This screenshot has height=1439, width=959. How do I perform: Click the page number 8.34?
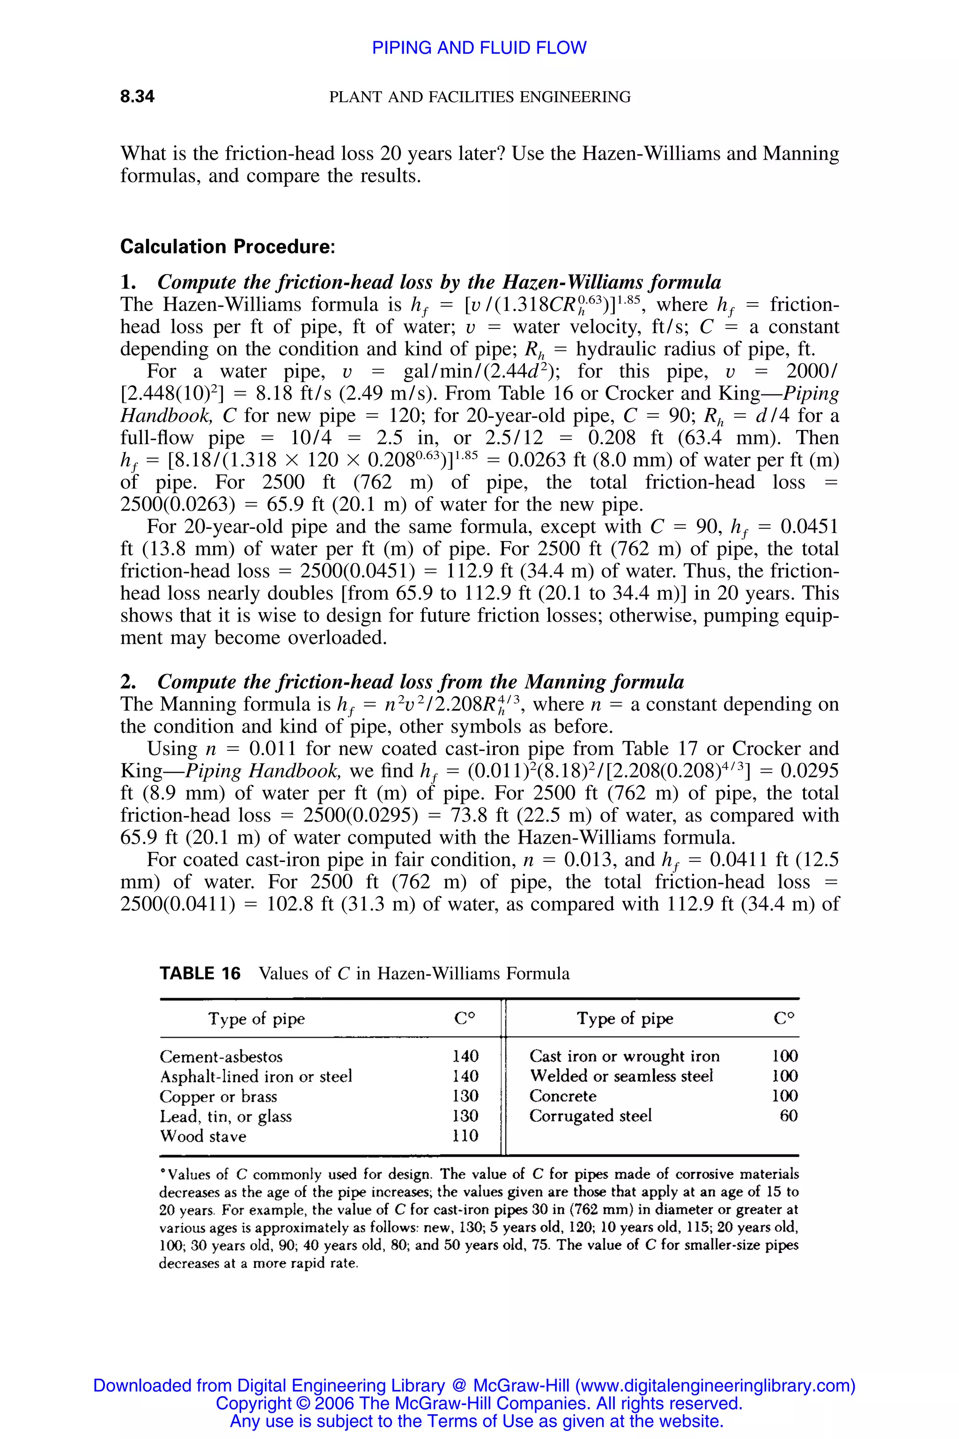[137, 96]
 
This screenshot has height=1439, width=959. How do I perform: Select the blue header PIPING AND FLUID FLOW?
[479, 48]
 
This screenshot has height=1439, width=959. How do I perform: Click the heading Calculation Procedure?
[228, 247]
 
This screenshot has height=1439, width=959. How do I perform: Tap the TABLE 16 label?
[200, 973]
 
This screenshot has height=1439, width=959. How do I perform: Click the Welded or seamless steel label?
[621, 1076]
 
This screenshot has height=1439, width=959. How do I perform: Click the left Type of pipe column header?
[256, 1019]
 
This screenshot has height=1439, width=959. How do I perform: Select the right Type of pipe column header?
[625, 1019]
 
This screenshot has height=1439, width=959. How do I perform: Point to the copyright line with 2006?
[479, 1403]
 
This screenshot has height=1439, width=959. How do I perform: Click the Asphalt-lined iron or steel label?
[256, 1076]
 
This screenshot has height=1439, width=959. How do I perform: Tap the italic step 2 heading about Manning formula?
[421, 682]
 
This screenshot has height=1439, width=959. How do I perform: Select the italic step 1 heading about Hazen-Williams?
[439, 282]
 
